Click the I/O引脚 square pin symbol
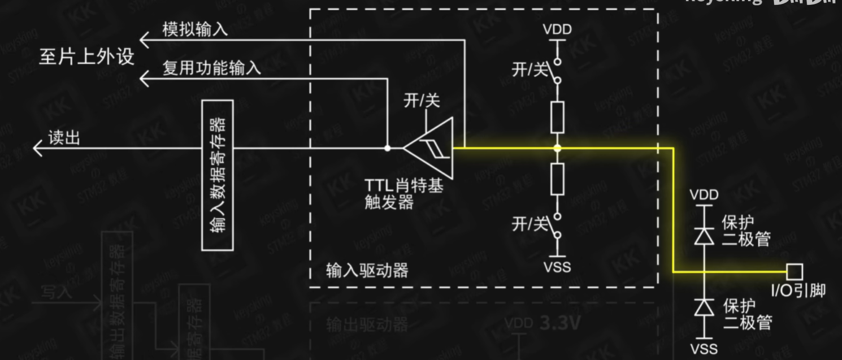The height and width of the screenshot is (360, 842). [795, 272]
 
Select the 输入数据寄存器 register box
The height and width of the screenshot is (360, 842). [217, 175]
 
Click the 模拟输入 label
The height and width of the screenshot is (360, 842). [195, 29]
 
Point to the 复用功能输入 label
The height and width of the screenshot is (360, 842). [211, 68]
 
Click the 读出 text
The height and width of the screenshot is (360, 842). [64, 138]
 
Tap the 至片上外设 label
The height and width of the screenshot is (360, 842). [86, 57]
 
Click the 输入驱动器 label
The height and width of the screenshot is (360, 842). [367, 270]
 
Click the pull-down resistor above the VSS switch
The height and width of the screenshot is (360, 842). [557, 180]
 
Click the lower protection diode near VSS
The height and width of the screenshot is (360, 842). [704, 308]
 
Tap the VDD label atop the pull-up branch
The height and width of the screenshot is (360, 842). [557, 29]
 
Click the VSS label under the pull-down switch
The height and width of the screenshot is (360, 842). [557, 266]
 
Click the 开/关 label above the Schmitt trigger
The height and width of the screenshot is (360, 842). [421, 101]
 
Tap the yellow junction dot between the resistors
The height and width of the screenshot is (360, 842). [557, 149]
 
